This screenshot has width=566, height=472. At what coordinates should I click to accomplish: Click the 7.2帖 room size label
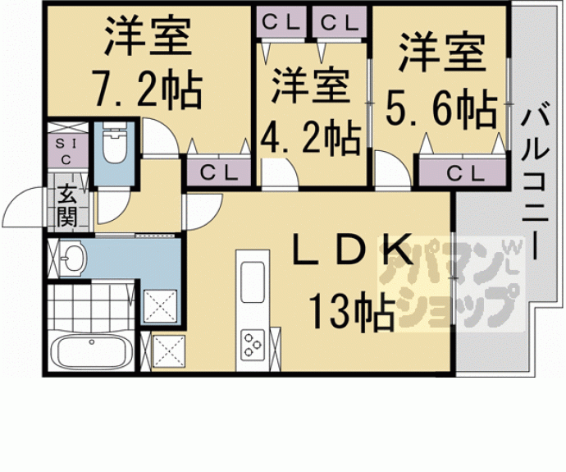pyautogui.click(x=147, y=90)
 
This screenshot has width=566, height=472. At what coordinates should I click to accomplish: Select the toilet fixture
pyautogui.click(x=113, y=146)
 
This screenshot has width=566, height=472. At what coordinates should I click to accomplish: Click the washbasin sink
pyautogui.click(x=72, y=258)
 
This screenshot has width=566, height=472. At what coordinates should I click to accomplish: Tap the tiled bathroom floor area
pyautogui.click(x=90, y=304)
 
